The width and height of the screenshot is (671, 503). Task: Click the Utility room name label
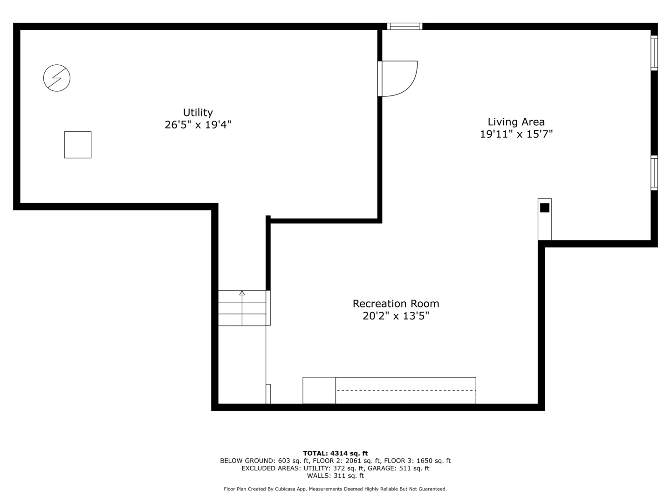tap(198, 112)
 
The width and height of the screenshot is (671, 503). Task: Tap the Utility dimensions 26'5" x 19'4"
tap(198, 125)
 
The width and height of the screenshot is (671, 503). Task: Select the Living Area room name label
tap(516, 122)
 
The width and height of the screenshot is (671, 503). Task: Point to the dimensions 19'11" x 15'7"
tap(516, 134)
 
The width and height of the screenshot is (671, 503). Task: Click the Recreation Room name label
tap(396, 304)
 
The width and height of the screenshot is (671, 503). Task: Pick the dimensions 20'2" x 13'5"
tap(396, 316)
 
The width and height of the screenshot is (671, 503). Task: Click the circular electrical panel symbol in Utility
tap(57, 78)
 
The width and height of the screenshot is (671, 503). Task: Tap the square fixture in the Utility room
tap(78, 145)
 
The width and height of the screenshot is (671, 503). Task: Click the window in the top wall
tap(404, 27)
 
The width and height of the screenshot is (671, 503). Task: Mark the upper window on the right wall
tap(654, 53)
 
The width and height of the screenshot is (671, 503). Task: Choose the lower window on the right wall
tap(654, 173)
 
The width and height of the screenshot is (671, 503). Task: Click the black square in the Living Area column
tap(544, 208)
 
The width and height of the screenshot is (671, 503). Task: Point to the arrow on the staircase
tap(242, 293)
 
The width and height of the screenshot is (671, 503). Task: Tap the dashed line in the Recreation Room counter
tap(406, 390)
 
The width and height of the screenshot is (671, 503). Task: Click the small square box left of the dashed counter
tap(319, 390)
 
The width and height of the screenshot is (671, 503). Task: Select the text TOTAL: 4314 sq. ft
tap(335, 453)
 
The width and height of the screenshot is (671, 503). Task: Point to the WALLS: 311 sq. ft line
tap(335, 476)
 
